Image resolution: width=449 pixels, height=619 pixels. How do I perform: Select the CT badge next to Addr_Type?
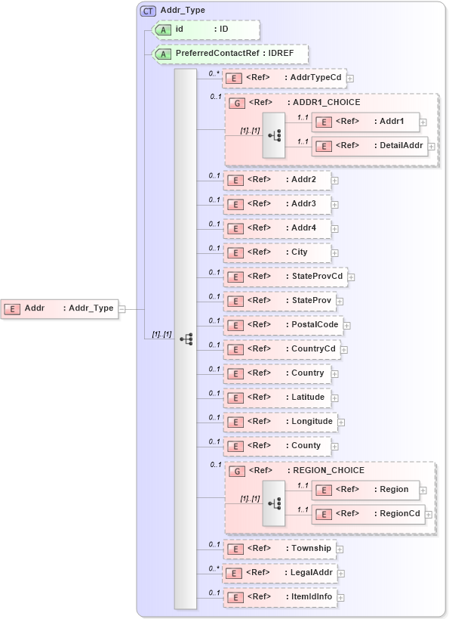coord(148,11)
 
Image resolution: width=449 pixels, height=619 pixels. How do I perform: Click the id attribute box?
coord(206,30)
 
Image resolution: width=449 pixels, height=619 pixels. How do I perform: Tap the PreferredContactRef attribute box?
coord(230,54)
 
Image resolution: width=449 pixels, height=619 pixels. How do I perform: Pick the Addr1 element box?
coord(365,122)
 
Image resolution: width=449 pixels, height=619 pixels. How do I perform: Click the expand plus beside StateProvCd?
coord(351,277)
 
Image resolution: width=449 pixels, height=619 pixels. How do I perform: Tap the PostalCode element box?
coord(283,325)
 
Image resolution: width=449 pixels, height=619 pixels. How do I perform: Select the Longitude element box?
coord(280,422)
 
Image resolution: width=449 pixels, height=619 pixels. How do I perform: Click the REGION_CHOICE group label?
coord(328,470)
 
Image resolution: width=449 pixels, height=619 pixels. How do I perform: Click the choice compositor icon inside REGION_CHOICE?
coord(273,503)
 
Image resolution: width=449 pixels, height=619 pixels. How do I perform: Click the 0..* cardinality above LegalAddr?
coord(215,567)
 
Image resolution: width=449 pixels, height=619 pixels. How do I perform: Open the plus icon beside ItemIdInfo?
coord(340,598)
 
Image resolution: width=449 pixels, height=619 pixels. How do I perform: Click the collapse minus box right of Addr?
coord(122,308)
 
